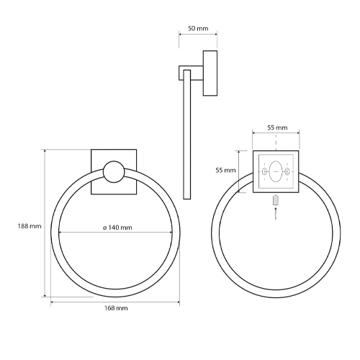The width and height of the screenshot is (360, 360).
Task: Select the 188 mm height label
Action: coord(29,226)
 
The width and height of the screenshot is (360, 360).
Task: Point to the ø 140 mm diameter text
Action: coord(117,228)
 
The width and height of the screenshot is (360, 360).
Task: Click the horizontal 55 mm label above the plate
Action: coord(277,127)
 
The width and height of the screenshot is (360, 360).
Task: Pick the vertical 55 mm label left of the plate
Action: coord(225,170)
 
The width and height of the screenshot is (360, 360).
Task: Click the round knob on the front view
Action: coord(113,172)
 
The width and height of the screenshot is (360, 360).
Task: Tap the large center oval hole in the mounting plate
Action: coord(276,172)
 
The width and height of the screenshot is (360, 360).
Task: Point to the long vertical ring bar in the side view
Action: coord(188,133)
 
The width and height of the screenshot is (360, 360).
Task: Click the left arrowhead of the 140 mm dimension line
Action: coord(60,233)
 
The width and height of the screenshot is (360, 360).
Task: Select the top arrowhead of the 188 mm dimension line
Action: coord(46,151)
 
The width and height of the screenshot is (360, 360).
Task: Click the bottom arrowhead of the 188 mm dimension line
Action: coord(46,295)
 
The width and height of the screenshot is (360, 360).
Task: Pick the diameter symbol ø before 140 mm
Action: coord(105,228)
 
